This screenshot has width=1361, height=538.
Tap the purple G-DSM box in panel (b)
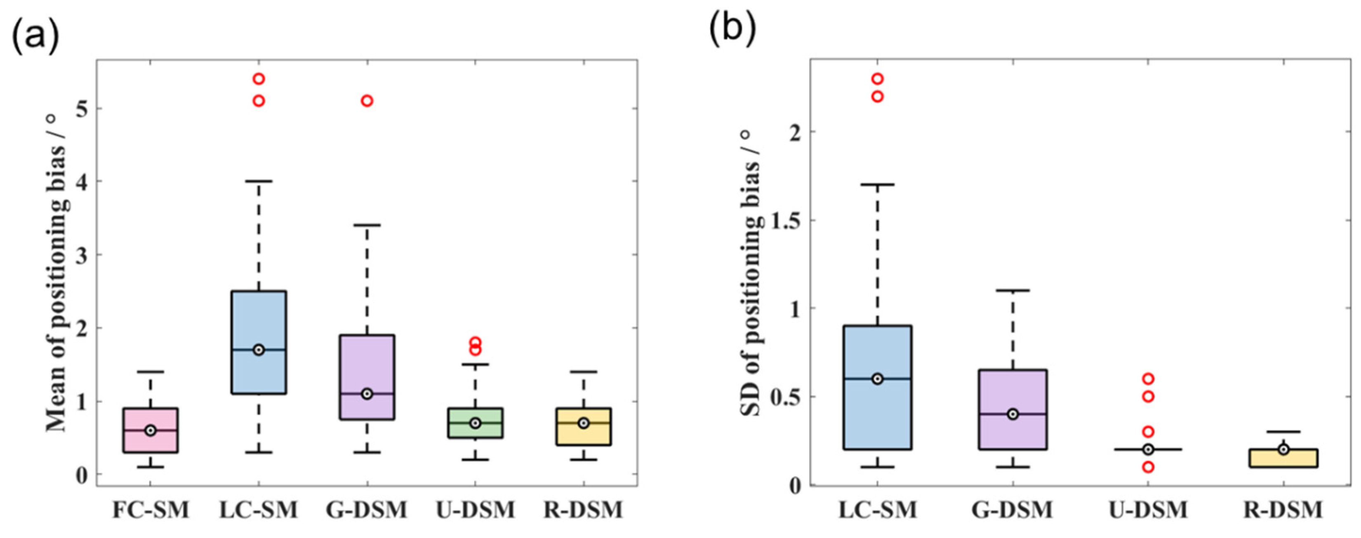pos(1013,391)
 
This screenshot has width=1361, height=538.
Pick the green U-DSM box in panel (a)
pos(475,430)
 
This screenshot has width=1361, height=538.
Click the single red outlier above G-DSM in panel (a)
pos(367,101)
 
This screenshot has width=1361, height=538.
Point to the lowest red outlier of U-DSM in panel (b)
pos(1148,467)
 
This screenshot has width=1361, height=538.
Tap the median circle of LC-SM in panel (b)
pos(877,379)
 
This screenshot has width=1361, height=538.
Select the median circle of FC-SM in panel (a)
pos(151,430)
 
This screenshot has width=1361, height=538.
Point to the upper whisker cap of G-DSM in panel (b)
pos(1013,290)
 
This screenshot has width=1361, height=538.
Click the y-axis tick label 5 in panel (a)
pos(81,109)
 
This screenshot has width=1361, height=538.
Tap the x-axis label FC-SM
pos(151,510)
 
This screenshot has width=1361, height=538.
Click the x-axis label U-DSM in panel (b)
pos(1148,510)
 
